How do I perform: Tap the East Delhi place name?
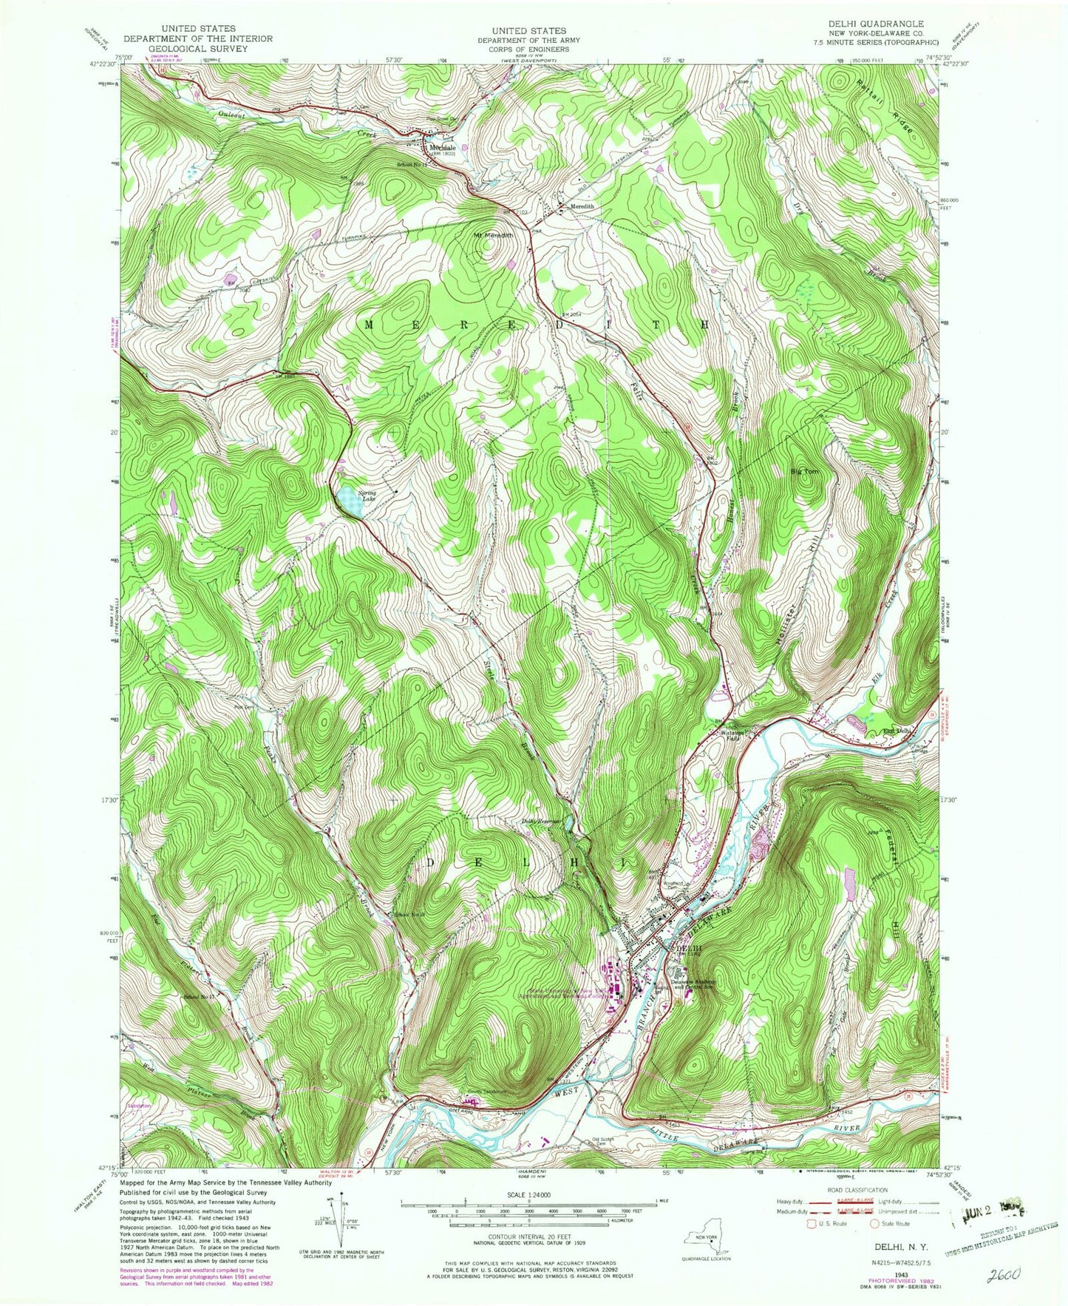click(x=899, y=732)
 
